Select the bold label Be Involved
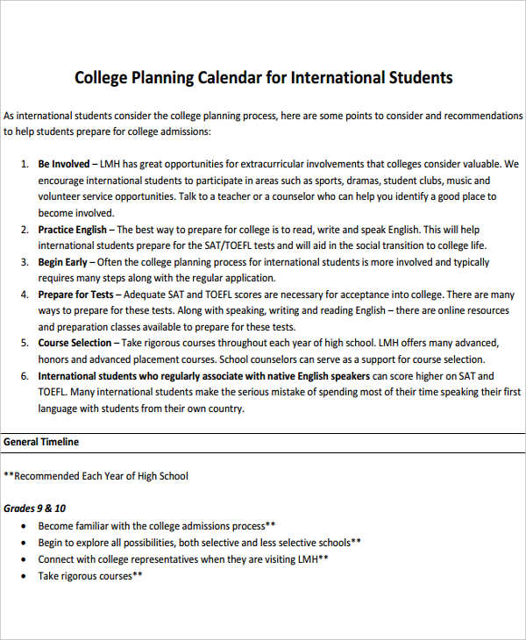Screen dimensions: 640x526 pyautogui.click(x=64, y=164)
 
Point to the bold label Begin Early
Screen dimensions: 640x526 pyautogui.click(x=63, y=262)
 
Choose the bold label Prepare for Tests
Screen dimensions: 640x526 pyautogui.click(x=75, y=295)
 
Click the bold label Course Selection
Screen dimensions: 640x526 pyautogui.click(x=75, y=343)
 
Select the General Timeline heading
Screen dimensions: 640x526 pyautogui.click(x=41, y=442)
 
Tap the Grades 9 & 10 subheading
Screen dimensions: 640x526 pyautogui.click(x=34, y=508)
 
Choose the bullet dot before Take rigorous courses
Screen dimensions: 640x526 pyautogui.click(x=22, y=577)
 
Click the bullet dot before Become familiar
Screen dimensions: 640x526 pyautogui.click(x=22, y=527)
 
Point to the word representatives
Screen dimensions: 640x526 pyautogui.click(x=156, y=559)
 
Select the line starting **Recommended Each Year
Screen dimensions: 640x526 pyautogui.click(x=96, y=476)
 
